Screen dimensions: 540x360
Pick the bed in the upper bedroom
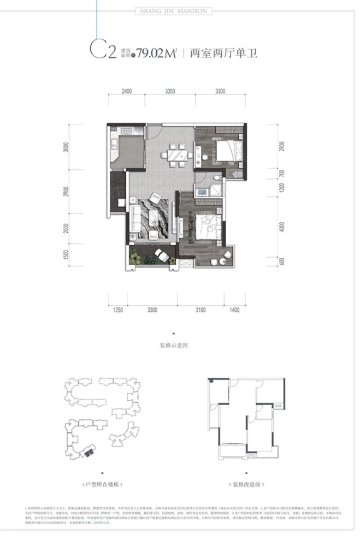pyautogui.click(x=225, y=150)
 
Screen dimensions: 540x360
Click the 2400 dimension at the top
pyautogui.click(x=127, y=92)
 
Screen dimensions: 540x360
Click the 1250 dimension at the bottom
pyautogui.click(x=119, y=310)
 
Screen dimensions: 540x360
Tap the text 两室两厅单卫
pyautogui.click(x=222, y=54)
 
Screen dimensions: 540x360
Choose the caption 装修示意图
pyautogui.click(x=174, y=345)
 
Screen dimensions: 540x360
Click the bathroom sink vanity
pyautogui.click(x=203, y=191)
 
